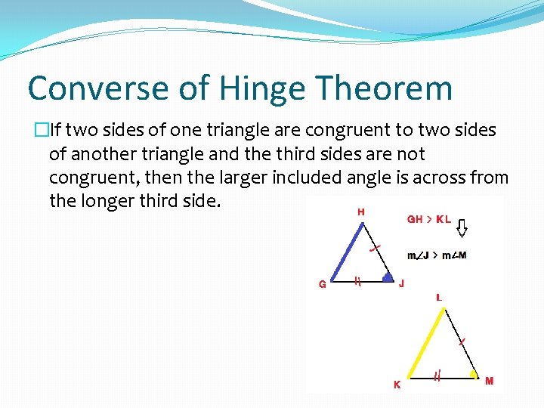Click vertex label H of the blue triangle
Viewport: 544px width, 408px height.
pos(360,212)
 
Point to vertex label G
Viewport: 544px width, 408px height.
pos(323,285)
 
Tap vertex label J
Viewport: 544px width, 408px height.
pos(401,284)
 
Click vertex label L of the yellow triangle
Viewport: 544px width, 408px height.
pos(439,298)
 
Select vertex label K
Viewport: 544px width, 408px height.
pos(397,384)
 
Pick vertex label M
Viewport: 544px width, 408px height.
pos(489,381)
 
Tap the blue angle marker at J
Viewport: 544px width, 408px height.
pos(387,277)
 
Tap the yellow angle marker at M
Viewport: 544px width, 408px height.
pos(473,373)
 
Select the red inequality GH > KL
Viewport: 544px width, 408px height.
pos(429,220)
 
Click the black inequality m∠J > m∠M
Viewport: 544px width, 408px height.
pos(437,255)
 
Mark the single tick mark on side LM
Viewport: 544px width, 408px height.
pos(461,342)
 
